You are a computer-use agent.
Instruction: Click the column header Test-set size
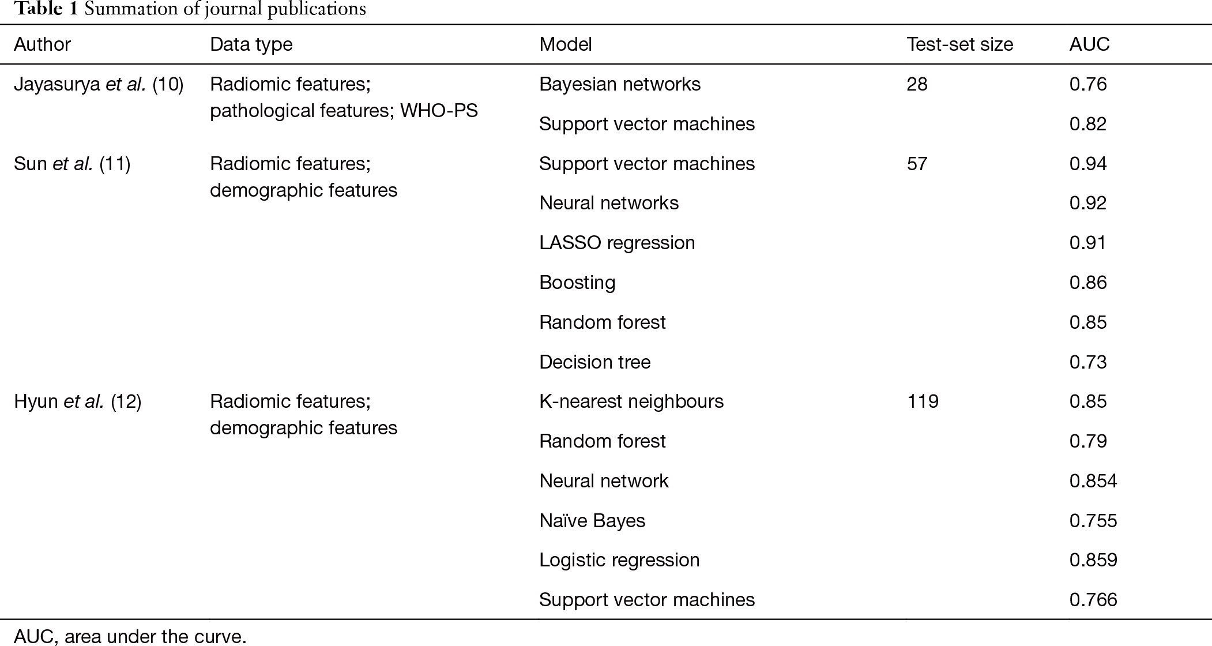click(960, 44)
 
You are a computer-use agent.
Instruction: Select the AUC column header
click(1089, 44)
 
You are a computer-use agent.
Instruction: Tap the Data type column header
click(251, 44)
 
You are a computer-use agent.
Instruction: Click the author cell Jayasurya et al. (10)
click(99, 84)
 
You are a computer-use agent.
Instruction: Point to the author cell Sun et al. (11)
click(72, 164)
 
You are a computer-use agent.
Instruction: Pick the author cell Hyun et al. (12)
click(77, 401)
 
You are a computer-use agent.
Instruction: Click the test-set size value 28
click(917, 84)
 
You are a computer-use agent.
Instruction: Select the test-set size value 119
click(923, 401)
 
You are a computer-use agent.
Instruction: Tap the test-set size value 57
click(917, 164)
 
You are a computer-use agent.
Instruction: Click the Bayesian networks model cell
click(620, 84)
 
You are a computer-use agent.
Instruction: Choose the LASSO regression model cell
click(617, 243)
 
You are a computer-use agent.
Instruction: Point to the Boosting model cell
click(577, 283)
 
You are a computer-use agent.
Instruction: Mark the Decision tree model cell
click(594, 362)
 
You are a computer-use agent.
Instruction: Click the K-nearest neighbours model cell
click(631, 401)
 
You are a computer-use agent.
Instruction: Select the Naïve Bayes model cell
click(592, 521)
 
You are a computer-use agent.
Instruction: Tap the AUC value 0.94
click(1088, 164)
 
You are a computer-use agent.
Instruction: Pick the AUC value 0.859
click(1093, 560)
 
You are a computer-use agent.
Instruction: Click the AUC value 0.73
click(1088, 362)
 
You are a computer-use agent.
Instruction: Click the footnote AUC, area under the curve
click(130, 637)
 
